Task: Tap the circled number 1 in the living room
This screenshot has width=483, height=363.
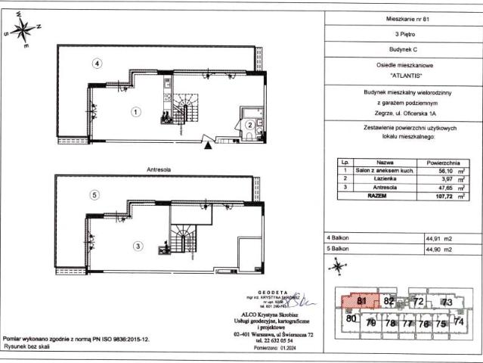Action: coord(135,112)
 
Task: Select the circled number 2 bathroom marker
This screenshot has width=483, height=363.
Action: coord(249,125)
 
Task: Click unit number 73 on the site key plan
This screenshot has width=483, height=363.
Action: coord(447,302)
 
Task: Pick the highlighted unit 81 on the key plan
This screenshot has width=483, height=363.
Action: coord(361,302)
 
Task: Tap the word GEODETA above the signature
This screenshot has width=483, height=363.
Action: coord(257,290)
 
